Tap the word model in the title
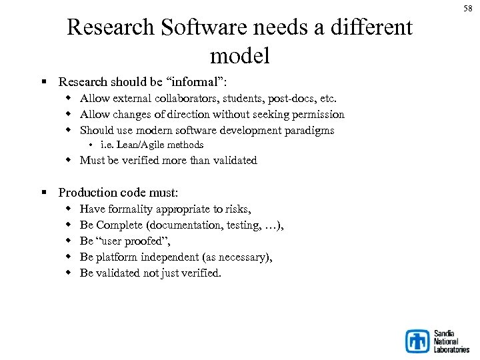coord(239,55)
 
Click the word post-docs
coord(287,98)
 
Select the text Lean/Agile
coord(141,145)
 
